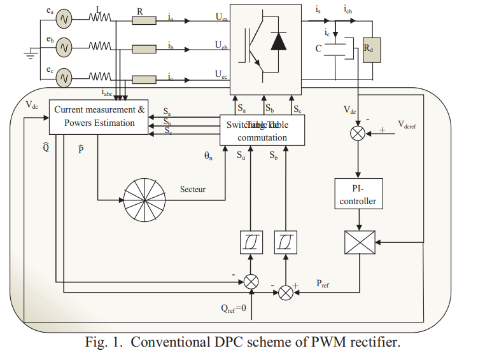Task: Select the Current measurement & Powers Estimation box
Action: pos(99,116)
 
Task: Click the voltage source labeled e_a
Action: pos(64,21)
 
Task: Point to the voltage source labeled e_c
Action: pos(64,78)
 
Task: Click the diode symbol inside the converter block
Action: pos(278,41)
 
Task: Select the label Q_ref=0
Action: pos(237,310)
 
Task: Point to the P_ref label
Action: pos(324,284)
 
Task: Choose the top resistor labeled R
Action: pos(144,21)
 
